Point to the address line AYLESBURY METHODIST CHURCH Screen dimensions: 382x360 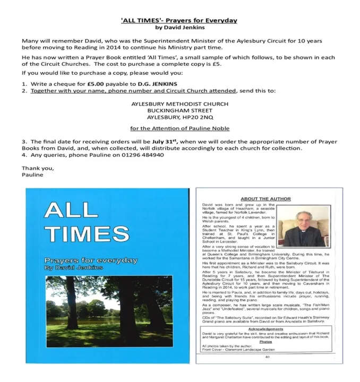[x=179, y=104]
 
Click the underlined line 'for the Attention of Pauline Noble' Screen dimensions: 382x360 [x=179, y=128]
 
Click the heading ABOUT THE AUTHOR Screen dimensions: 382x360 [x=265, y=199]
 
